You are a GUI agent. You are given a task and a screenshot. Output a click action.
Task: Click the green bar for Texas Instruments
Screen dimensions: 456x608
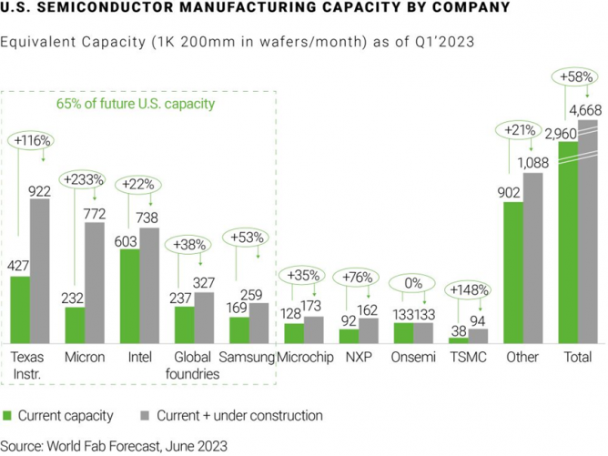20,309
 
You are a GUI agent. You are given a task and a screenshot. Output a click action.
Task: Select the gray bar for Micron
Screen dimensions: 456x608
94,282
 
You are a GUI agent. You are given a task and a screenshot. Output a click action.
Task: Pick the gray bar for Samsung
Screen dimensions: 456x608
258,323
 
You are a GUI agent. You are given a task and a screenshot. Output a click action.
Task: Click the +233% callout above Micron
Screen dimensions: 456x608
83,180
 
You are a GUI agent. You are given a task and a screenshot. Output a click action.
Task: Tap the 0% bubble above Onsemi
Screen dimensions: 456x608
413,283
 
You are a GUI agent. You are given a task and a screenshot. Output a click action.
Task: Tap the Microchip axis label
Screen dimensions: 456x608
303,358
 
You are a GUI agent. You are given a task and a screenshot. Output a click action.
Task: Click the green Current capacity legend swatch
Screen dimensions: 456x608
8,415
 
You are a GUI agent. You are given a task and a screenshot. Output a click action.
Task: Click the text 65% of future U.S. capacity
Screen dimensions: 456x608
136,105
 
